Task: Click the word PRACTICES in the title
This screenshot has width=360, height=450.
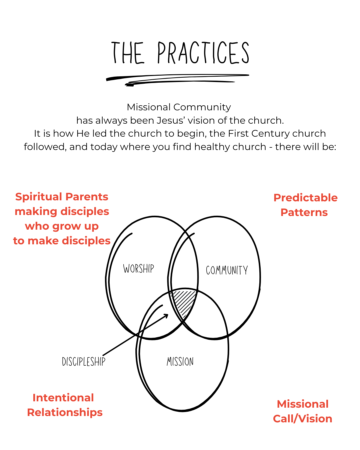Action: tap(203, 53)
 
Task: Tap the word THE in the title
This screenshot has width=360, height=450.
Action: tap(128, 53)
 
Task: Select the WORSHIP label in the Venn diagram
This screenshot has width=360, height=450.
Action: tap(139, 269)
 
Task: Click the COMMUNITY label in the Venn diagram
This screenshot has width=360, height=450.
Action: tap(227, 270)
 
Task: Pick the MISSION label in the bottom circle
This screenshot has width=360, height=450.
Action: tap(180, 362)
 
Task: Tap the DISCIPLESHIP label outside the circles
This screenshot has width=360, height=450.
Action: tap(84, 362)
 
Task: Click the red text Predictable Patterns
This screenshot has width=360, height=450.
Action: tap(305, 205)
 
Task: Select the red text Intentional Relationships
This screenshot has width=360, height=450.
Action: tap(65, 405)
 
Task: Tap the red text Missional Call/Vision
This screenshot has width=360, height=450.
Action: tap(303, 411)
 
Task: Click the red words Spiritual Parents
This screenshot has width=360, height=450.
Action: tap(62, 197)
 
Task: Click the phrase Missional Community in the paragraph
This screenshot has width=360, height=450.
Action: tap(179, 107)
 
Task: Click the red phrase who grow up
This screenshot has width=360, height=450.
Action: tap(62, 226)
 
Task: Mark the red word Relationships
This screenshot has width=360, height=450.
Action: tap(65, 412)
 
